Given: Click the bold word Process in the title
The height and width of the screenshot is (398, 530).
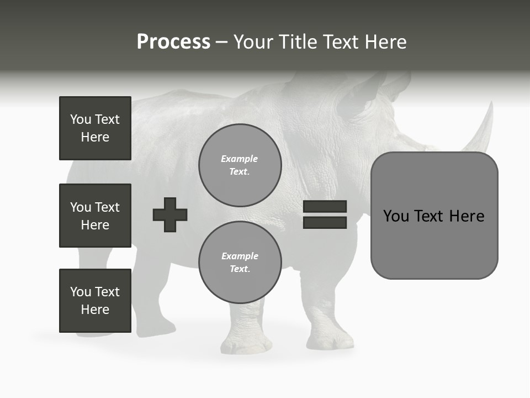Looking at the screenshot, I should pos(173,42).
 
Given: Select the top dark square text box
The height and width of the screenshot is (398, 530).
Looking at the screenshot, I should pos(95,128).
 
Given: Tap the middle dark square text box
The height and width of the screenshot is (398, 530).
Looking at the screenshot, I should pos(95,216).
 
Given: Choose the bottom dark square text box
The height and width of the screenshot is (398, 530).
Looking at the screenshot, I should pos(95,301).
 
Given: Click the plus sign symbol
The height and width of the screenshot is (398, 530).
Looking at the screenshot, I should pos(170,214).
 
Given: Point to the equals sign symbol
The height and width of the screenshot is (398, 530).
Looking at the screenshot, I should pos(325,214).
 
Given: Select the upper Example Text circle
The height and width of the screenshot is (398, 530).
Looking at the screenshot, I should pos(240,165).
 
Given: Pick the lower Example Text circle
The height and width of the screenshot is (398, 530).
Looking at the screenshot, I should pos(240,263).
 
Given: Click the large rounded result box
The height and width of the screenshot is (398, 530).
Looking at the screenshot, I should pos(434,216).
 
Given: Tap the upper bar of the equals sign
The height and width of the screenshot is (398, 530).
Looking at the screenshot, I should pos(325,207).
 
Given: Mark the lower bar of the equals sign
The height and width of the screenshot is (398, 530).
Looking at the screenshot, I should pos(325,223).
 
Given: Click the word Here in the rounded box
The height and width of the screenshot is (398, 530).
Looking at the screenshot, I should pos(467,216).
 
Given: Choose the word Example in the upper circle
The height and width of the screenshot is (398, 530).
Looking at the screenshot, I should pos(240,159).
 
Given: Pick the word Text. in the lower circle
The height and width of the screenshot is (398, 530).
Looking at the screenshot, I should pos(240,269).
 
